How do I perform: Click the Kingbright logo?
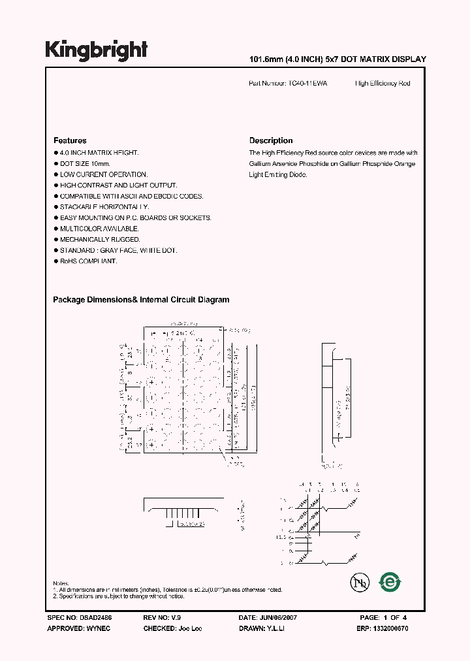(x=96, y=50)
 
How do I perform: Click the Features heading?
(x=70, y=140)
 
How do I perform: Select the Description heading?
(x=271, y=140)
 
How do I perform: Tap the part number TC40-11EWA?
(x=309, y=84)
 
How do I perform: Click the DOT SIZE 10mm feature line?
(x=85, y=163)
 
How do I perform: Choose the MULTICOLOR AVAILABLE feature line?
(x=99, y=229)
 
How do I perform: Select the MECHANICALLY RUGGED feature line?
(x=100, y=240)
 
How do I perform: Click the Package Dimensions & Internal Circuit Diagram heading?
(x=141, y=300)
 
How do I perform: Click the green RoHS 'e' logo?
(x=390, y=581)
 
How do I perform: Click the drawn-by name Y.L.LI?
(x=275, y=628)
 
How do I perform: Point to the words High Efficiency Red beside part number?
(x=383, y=84)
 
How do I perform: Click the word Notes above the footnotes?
(x=60, y=583)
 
